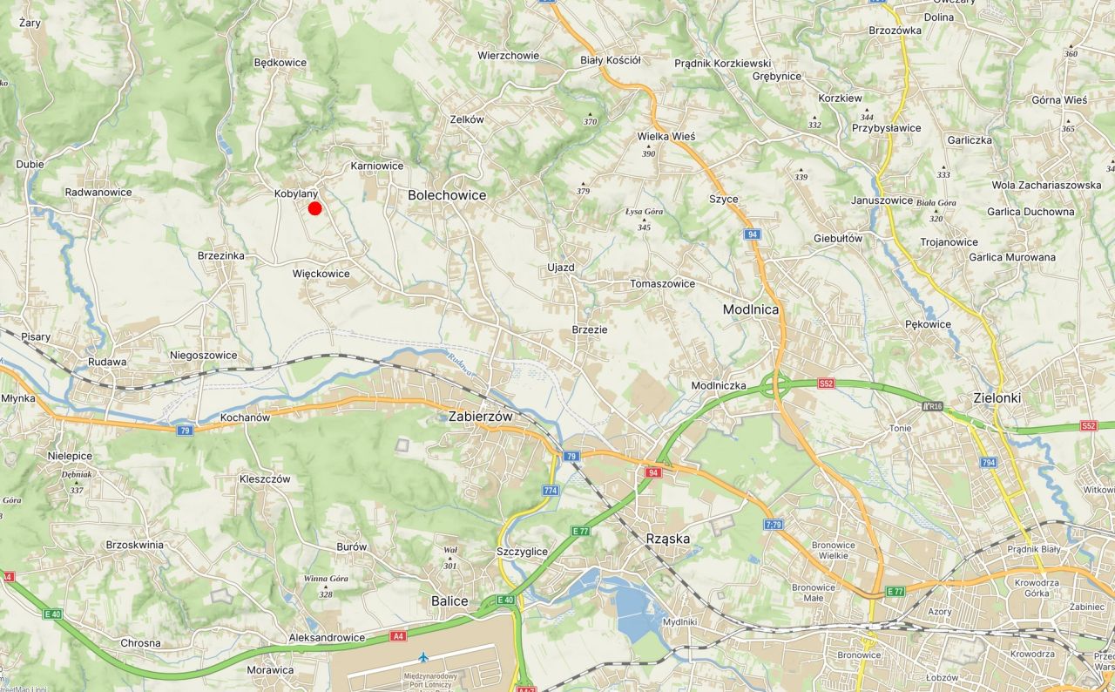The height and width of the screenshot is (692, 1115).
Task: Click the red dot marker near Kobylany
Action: tap(315, 208)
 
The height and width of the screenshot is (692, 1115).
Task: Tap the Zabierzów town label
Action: tap(481, 417)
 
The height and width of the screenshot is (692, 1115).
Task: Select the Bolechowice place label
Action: tap(447, 195)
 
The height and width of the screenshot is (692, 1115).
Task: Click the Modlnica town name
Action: tap(751, 309)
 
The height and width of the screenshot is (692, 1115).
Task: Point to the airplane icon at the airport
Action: tap(423, 656)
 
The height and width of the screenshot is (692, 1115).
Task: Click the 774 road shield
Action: tap(551, 491)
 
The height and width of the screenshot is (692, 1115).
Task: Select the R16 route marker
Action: tap(932, 406)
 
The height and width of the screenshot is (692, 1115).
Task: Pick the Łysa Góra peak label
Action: tap(645, 212)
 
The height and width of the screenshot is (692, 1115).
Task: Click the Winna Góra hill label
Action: tap(326, 579)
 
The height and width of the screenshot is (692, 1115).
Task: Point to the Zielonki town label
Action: tap(997, 398)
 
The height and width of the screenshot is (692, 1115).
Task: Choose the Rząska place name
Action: tap(668, 539)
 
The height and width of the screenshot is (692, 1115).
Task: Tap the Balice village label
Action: tap(449, 601)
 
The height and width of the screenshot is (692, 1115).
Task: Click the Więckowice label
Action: tap(321, 274)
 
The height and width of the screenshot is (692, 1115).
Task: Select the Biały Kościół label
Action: tap(611, 60)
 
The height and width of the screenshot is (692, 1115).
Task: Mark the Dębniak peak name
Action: tap(77, 475)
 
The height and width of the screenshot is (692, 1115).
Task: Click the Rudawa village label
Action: tap(107, 362)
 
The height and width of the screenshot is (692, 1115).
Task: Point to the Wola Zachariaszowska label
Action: tap(1046, 185)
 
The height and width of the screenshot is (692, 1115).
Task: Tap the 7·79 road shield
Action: tap(773, 525)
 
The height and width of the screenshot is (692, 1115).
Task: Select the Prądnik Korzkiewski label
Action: tap(723, 64)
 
